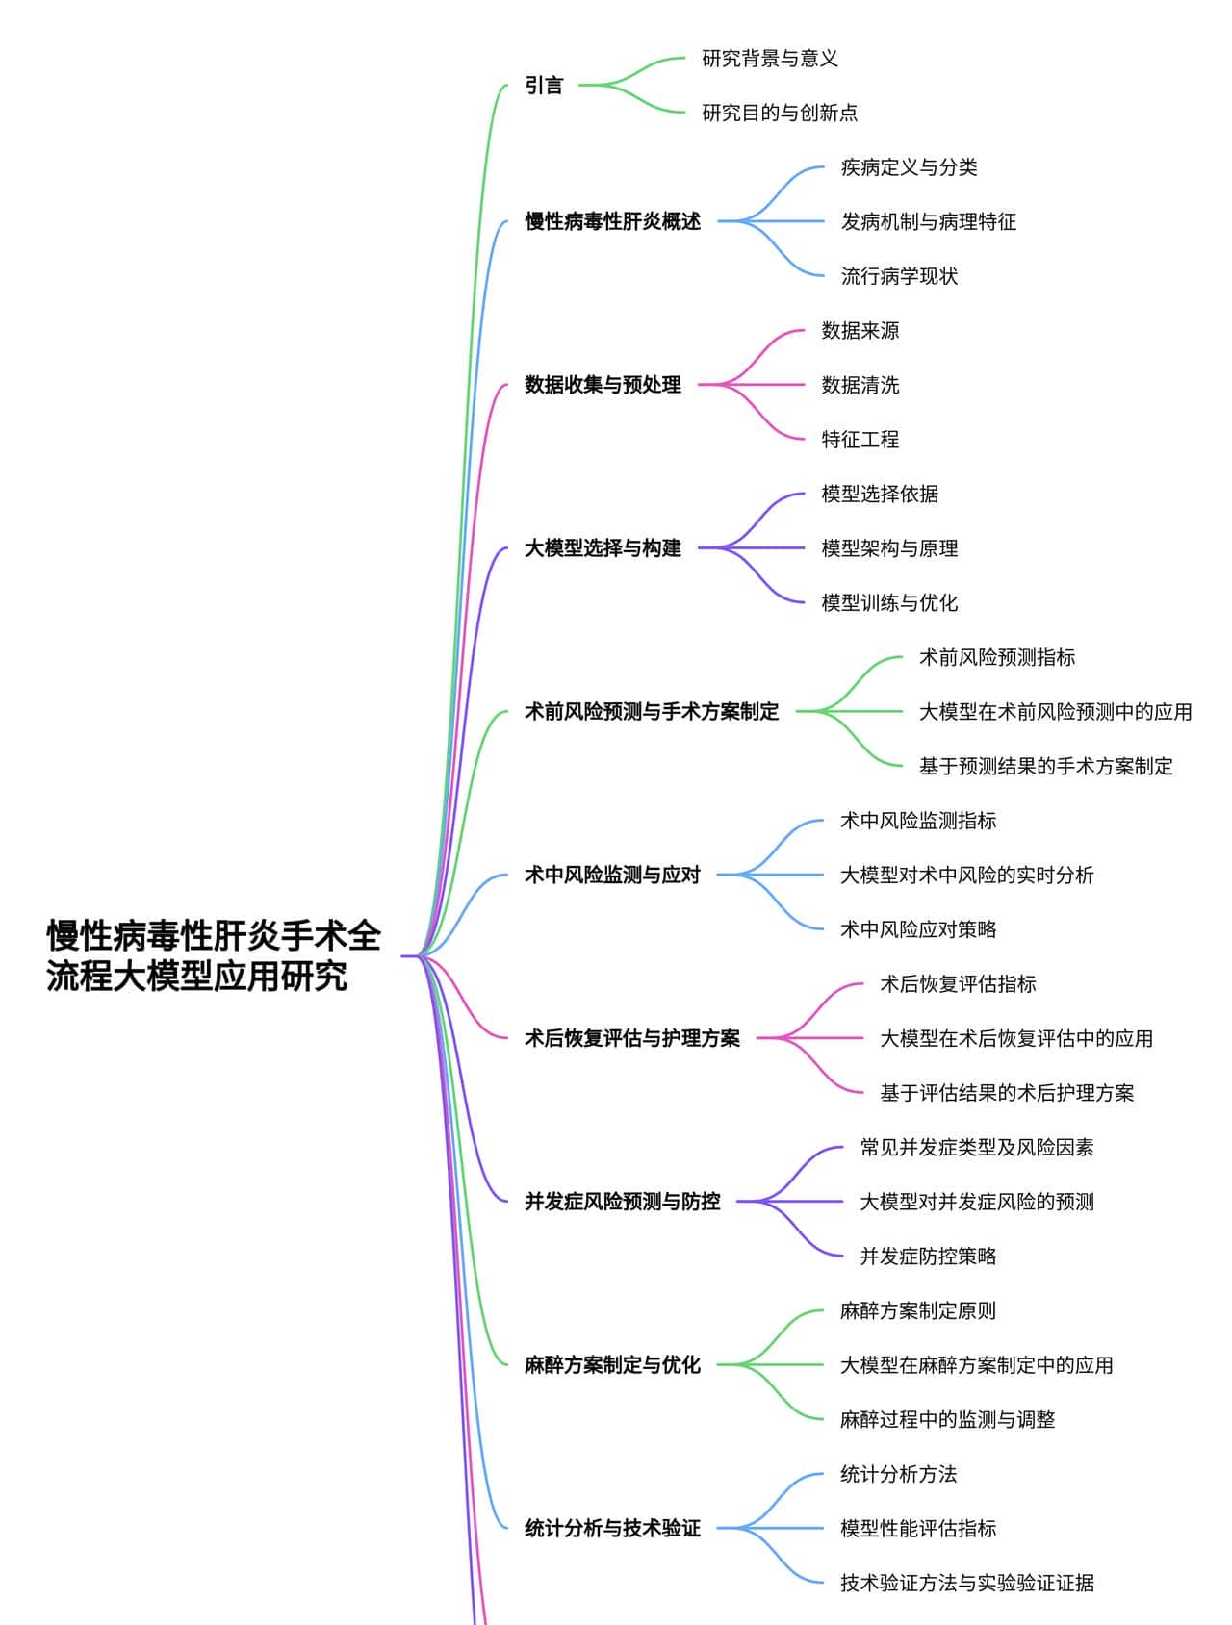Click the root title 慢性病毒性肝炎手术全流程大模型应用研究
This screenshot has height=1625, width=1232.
(x=214, y=955)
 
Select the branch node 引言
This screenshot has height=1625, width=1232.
(x=544, y=86)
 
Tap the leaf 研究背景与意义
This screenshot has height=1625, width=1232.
(x=770, y=59)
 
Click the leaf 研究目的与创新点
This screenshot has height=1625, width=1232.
(x=780, y=113)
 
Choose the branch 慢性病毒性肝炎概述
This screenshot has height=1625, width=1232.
(x=612, y=221)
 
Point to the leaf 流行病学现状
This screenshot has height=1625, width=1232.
(x=899, y=276)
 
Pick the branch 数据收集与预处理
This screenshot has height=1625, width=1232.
(x=603, y=385)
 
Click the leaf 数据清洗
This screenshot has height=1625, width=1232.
(x=860, y=385)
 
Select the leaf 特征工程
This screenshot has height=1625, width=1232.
(x=860, y=440)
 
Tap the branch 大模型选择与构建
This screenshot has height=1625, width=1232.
(x=603, y=548)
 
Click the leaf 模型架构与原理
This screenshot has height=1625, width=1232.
(x=889, y=548)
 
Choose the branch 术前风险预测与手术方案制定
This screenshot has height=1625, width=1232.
(x=652, y=712)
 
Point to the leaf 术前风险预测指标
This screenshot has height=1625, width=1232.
(x=997, y=657)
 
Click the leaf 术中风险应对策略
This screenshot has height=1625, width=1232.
(x=918, y=929)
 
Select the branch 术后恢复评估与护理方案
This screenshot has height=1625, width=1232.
(x=632, y=1038)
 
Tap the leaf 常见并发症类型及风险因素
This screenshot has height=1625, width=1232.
(x=977, y=1147)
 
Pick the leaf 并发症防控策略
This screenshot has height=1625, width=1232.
(x=928, y=1256)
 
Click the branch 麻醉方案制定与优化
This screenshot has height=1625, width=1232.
(x=612, y=1364)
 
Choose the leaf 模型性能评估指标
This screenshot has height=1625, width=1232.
(x=918, y=1528)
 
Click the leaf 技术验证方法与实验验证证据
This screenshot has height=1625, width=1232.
(x=967, y=1583)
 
